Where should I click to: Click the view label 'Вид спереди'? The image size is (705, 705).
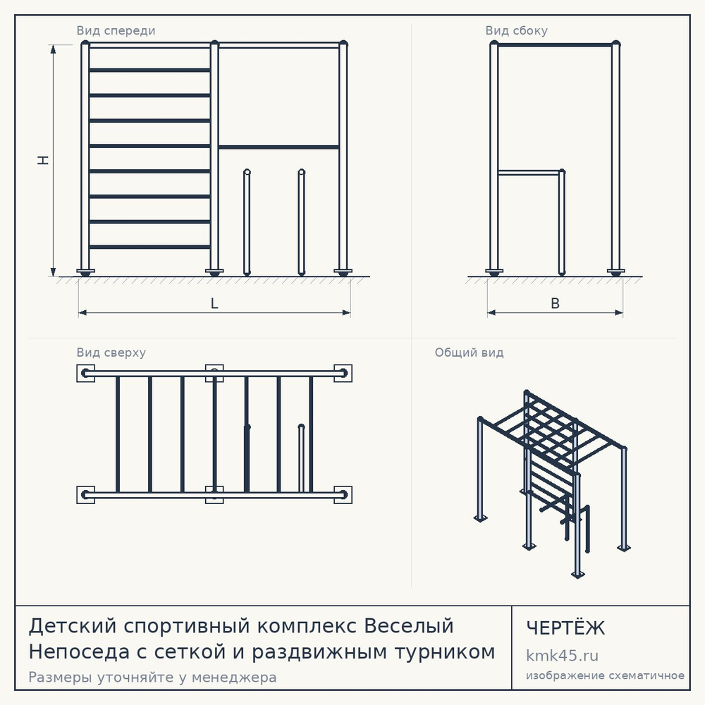116,30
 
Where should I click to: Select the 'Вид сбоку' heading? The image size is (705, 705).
516,30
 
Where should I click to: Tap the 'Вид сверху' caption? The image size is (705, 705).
111,352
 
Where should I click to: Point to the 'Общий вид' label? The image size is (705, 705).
469,352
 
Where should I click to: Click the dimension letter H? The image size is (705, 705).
43,160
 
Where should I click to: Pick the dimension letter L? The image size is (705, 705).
214,303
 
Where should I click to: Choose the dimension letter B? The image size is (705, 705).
556,303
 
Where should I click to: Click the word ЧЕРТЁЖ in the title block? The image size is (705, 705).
565,628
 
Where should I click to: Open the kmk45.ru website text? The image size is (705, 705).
562,656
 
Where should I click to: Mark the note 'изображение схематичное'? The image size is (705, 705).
605,675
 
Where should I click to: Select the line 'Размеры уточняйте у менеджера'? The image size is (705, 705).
152,677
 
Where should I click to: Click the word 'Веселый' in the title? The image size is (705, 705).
409,625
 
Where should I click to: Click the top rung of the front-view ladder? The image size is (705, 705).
149,70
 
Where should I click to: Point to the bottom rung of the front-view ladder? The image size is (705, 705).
149,247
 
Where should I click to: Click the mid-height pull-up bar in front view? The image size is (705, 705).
278,147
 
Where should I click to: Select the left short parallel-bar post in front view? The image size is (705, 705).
246,222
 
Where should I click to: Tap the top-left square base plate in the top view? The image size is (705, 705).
85,373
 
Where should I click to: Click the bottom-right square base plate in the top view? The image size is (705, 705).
343,495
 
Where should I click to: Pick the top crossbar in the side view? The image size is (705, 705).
555,45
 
